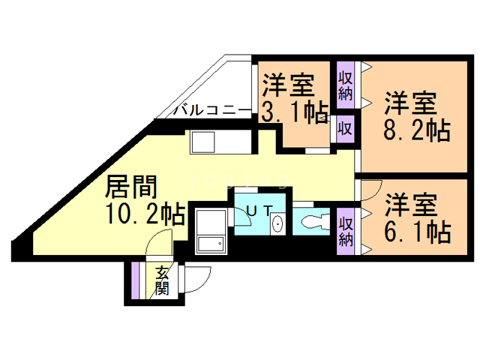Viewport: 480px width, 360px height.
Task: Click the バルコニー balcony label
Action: point(212,110)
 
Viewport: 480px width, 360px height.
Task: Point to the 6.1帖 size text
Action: point(417,230)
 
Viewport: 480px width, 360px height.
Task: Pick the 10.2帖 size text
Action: point(145,215)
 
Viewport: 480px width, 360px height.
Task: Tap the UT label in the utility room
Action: point(255,211)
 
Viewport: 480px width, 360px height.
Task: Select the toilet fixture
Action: point(313,222)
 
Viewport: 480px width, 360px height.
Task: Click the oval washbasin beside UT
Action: point(277,223)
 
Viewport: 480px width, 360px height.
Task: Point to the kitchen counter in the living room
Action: point(214,142)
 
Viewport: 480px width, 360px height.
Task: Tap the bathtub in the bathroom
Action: point(211,233)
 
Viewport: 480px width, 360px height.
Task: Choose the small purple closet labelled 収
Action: point(345,127)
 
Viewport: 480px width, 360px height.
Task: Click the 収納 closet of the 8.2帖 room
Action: point(345,85)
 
